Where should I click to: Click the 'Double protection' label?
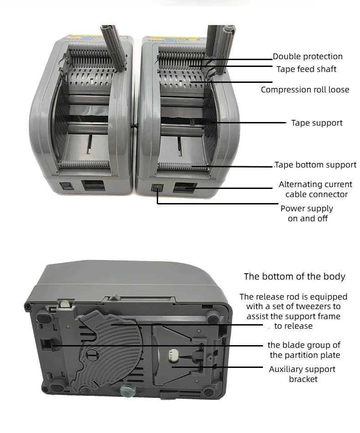(308, 56)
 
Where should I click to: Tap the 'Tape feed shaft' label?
(306, 69)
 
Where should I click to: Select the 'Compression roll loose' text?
(305, 90)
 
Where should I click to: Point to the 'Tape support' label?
(317, 123)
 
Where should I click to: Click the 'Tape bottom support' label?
(316, 165)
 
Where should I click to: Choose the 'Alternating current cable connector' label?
(315, 189)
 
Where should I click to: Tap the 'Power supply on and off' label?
(307, 213)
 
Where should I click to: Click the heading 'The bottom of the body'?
(294, 276)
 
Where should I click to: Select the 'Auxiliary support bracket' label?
(302, 374)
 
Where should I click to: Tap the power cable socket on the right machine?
(185, 187)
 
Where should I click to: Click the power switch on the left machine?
(67, 187)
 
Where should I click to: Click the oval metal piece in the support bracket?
(174, 354)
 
